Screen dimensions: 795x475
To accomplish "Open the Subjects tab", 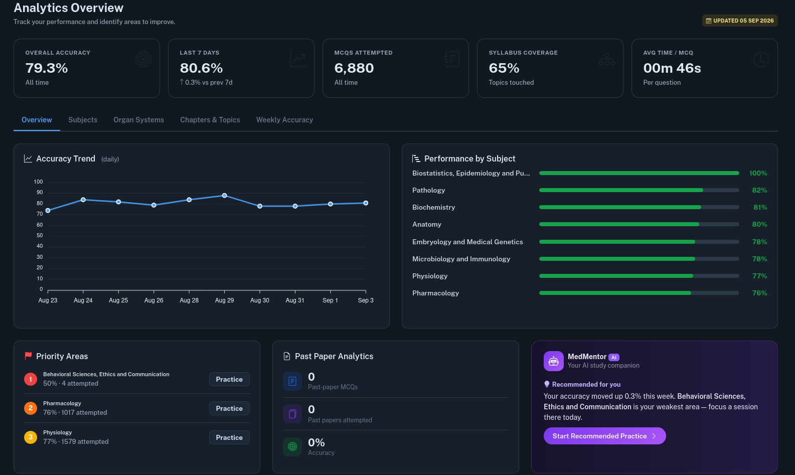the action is (83, 120).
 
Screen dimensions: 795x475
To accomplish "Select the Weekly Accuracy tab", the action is (284, 120).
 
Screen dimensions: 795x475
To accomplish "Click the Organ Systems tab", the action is (139, 120).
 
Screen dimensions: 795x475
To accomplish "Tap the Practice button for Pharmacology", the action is (229, 408).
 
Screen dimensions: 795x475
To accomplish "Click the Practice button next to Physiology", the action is (229, 437).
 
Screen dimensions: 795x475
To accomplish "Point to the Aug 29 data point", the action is (224, 196).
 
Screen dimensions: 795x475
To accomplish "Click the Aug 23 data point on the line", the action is (48, 211).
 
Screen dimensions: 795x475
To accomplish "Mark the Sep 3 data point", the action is (366, 203).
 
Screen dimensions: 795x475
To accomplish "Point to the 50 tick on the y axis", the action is (40, 235).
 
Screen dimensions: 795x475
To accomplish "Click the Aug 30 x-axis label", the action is (260, 300).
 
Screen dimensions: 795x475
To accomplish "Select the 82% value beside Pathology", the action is (759, 190).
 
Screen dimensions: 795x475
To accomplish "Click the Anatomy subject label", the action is (427, 224).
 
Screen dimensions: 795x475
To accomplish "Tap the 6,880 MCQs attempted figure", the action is (354, 68).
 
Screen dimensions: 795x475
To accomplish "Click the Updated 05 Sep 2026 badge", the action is (740, 21).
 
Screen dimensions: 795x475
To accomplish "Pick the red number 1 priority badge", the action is (31, 379).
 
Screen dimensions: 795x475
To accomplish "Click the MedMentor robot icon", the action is (554, 361).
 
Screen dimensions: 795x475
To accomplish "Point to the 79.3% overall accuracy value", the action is (47, 68).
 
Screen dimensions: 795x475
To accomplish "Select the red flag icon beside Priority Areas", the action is (29, 356).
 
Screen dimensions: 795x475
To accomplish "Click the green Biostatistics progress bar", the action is (639, 173).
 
